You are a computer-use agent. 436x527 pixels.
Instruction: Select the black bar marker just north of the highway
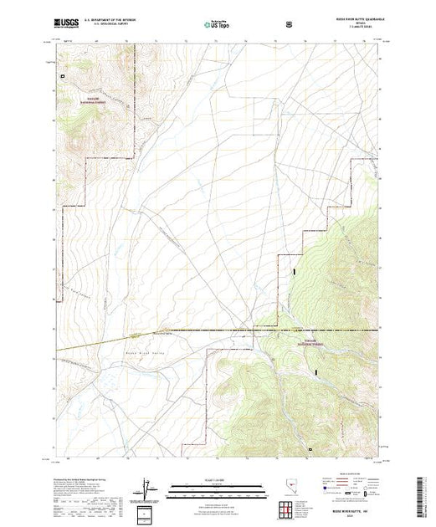(294, 272)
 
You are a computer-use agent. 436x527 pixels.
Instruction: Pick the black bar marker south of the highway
(315, 371)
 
